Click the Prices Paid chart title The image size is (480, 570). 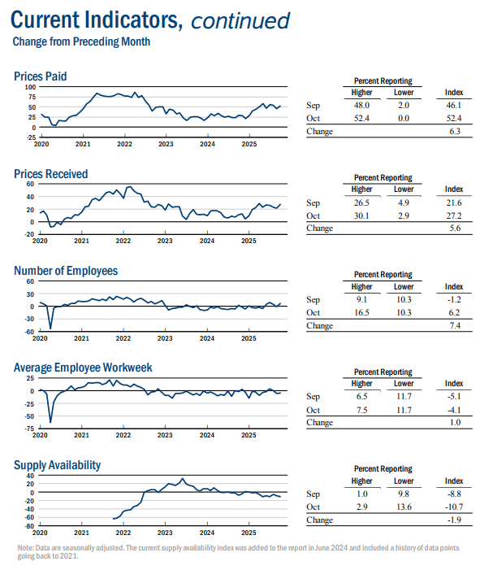(41, 76)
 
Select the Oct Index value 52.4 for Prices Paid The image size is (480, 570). (454, 118)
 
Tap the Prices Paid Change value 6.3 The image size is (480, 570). (455, 131)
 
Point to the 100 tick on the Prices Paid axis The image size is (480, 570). (31, 87)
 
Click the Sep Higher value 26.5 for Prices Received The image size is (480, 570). (361, 202)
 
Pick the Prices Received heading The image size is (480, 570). (51, 174)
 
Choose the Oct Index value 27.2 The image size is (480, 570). (454, 215)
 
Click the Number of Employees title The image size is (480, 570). (66, 271)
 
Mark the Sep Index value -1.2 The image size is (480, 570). (454, 299)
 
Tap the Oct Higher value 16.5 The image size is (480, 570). (361, 312)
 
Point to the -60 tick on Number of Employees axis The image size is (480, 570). (29, 332)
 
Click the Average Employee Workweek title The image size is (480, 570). (83, 368)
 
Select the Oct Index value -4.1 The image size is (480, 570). (454, 410)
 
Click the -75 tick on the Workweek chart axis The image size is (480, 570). (29, 429)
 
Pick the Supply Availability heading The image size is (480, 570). (58, 465)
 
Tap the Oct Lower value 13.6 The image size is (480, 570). (404, 507)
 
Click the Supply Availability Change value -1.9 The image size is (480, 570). (454, 520)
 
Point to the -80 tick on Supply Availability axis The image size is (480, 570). (29, 526)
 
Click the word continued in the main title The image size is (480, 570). (240, 20)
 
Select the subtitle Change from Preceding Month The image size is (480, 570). (81, 41)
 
